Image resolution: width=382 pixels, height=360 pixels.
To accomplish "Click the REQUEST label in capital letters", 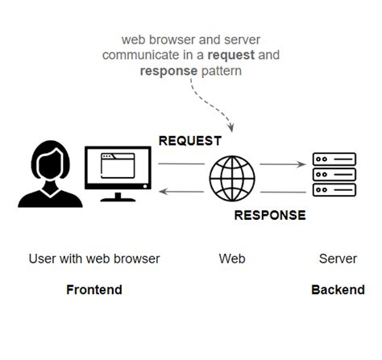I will click(x=189, y=141).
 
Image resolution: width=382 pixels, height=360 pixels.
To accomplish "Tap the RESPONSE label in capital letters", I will click(x=269, y=215).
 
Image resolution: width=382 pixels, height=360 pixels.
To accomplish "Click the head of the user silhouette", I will click(x=45, y=160).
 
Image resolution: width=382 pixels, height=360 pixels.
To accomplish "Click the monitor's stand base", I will click(x=118, y=199).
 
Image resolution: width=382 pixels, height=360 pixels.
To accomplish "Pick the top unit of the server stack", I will click(x=334, y=159).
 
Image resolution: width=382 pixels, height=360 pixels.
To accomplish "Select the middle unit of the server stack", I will click(x=334, y=175).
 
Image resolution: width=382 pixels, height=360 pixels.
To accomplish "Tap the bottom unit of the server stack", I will click(x=334, y=191).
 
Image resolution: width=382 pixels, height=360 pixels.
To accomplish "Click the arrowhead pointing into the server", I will click(x=297, y=164).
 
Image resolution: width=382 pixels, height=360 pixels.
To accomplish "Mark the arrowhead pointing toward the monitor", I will click(x=163, y=192).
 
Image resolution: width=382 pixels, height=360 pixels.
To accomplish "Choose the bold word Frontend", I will click(x=93, y=290).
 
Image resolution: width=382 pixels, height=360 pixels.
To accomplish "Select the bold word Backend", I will click(x=338, y=290).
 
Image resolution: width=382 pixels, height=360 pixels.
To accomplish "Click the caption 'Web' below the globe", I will click(x=232, y=259).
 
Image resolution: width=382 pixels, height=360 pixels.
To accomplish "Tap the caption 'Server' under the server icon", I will click(x=338, y=259).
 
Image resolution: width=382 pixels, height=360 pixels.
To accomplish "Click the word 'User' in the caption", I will click(x=42, y=259).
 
